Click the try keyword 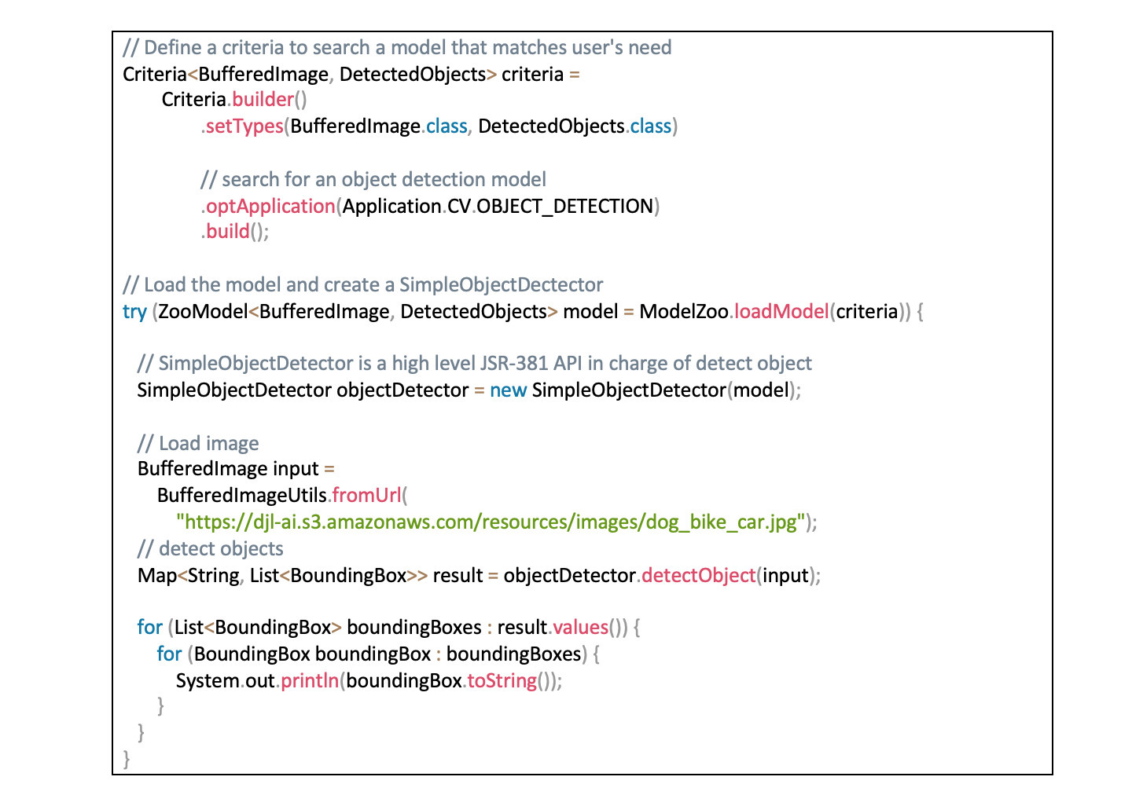134,313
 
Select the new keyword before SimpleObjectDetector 508,390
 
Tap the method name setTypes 244,126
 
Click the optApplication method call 270,207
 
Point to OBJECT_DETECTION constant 564,207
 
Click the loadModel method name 781,312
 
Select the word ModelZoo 684,312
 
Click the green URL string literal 491,522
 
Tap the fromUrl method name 366,496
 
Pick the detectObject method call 699,576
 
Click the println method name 310,681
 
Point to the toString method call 502,681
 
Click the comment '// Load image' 198,444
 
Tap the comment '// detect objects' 210,549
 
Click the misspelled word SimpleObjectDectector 501,285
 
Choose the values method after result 580,628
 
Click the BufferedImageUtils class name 241,496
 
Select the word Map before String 157,576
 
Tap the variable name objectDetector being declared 402,390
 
